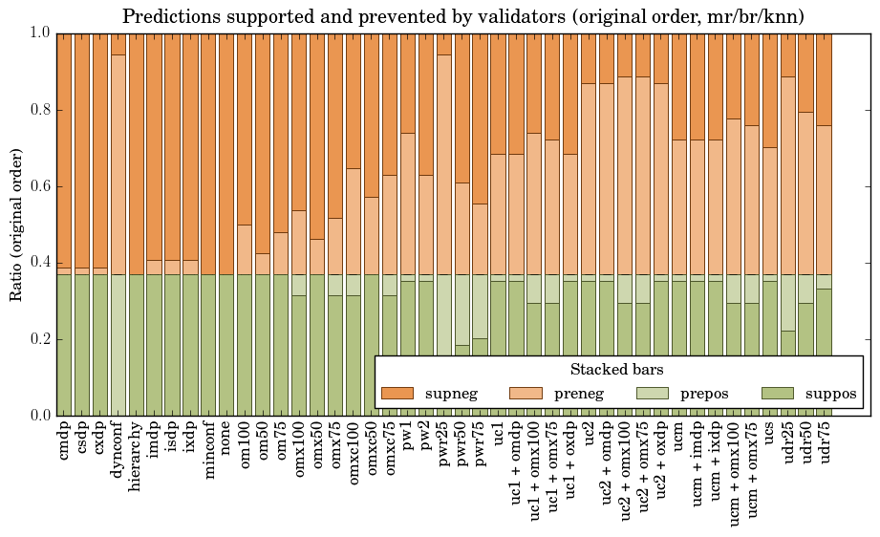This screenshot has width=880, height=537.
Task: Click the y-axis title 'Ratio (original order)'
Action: coord(16,225)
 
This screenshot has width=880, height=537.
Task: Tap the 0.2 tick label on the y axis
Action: coord(37,339)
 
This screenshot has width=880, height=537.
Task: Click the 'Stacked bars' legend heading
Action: coord(616,370)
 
